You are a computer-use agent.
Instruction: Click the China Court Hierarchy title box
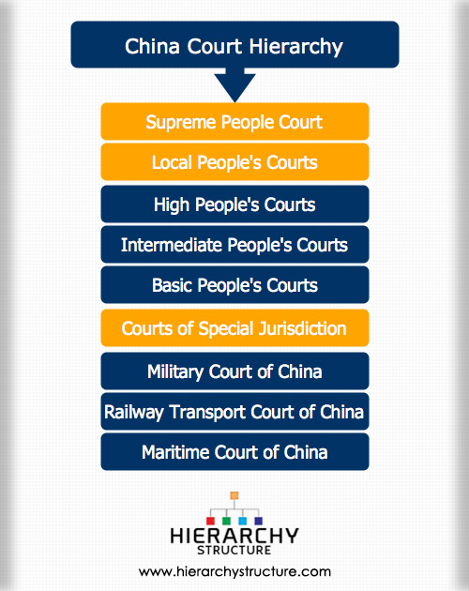234,44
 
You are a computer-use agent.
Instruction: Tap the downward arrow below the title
234,84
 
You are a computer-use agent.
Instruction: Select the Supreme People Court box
234,121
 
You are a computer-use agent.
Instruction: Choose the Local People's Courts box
234,162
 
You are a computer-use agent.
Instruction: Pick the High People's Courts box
234,204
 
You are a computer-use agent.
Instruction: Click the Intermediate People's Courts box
234,244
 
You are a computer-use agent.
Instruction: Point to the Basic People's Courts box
234,284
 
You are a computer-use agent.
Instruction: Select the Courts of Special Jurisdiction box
234,327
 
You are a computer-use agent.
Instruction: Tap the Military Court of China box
234,371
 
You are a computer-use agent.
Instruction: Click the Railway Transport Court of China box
234,411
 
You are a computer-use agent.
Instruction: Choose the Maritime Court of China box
234,451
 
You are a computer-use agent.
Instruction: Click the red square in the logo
210,521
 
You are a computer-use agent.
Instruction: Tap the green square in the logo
226,521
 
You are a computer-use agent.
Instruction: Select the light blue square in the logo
242,521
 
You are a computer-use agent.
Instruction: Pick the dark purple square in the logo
258,521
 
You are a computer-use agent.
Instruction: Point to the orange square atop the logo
234,495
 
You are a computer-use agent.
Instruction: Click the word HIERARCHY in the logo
234,536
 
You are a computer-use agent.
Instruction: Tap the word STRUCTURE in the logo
234,550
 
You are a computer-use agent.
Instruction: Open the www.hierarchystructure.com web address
234,572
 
